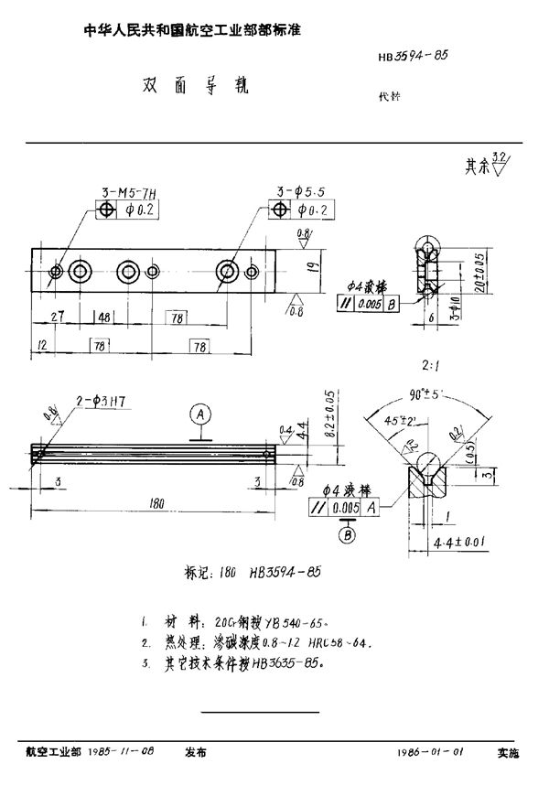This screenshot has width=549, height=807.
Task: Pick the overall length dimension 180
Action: [x=156, y=503]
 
